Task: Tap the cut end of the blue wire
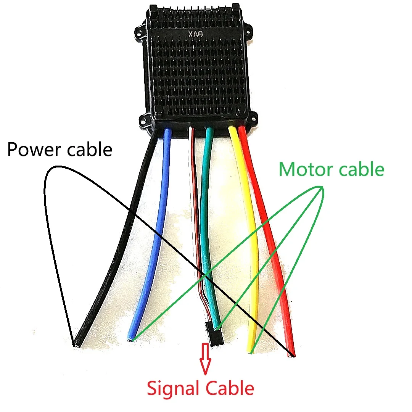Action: click(131, 339)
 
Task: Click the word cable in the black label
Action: click(90, 149)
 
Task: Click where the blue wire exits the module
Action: click(167, 132)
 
